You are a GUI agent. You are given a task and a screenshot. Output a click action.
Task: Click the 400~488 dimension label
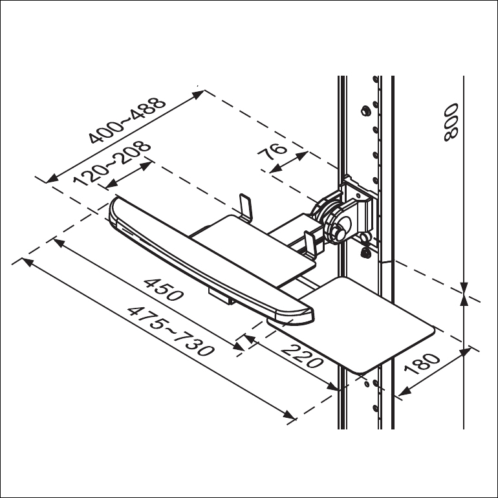pos(127,120)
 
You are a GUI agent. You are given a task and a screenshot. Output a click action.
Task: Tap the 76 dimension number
pos(272,152)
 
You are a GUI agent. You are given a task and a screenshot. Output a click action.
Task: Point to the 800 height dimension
pos(451,122)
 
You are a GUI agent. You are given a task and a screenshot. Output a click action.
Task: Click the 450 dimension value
pos(163,290)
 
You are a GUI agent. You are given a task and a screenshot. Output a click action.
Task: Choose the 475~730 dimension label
pos(171,331)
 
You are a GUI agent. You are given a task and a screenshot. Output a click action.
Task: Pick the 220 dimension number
pos(302,356)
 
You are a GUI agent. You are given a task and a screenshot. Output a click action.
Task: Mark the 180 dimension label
pos(422,363)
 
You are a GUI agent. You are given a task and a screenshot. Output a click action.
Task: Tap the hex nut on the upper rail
pos(366,111)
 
